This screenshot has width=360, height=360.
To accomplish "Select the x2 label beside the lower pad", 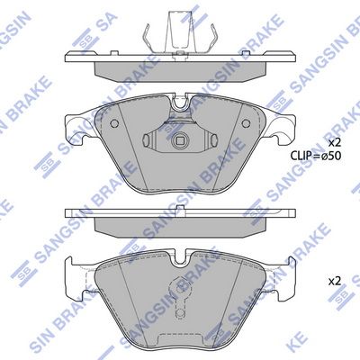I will pyautogui.click(x=334, y=282).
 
